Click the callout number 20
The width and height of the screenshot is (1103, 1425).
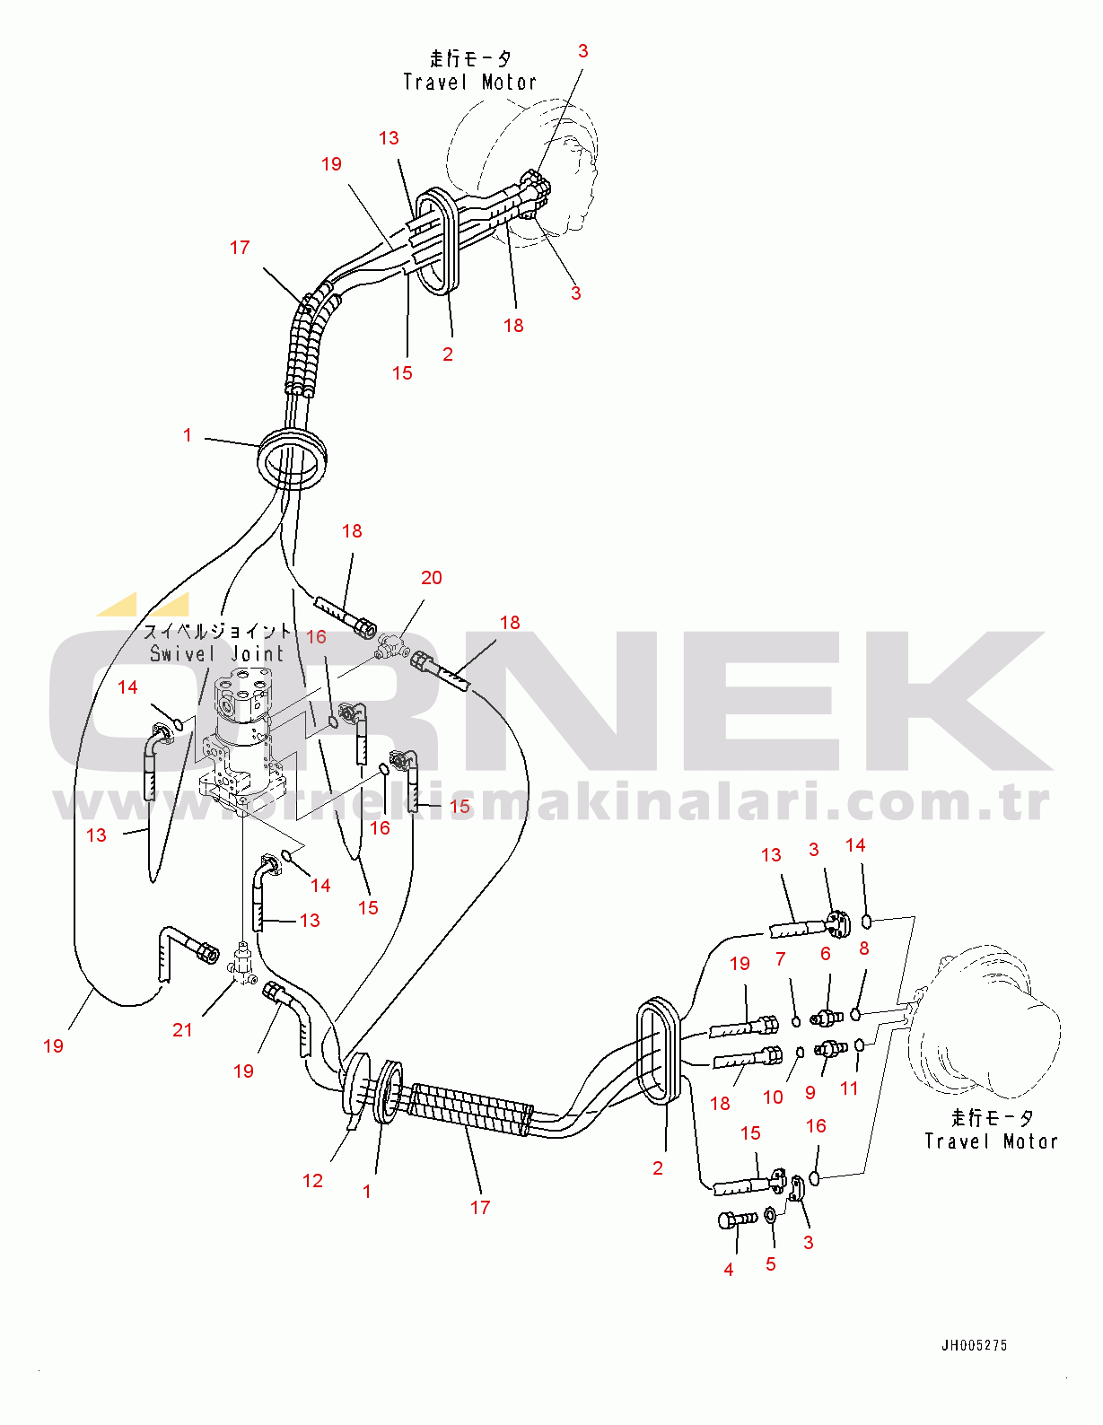pos(431,578)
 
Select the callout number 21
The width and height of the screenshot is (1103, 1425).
pos(182,1030)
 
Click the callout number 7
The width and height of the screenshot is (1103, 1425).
pos(781,959)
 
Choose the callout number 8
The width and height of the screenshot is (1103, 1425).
pos(863,949)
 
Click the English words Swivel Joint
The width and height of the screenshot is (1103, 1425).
pos(217,654)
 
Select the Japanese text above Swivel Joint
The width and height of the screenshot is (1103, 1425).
pos(217,632)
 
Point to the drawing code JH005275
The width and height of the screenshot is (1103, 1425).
pos(974,1346)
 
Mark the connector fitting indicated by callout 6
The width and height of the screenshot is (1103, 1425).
pos(827,1017)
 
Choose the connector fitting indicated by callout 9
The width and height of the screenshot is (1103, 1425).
pos(831,1050)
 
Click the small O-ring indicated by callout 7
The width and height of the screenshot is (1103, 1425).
pos(796,1022)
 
